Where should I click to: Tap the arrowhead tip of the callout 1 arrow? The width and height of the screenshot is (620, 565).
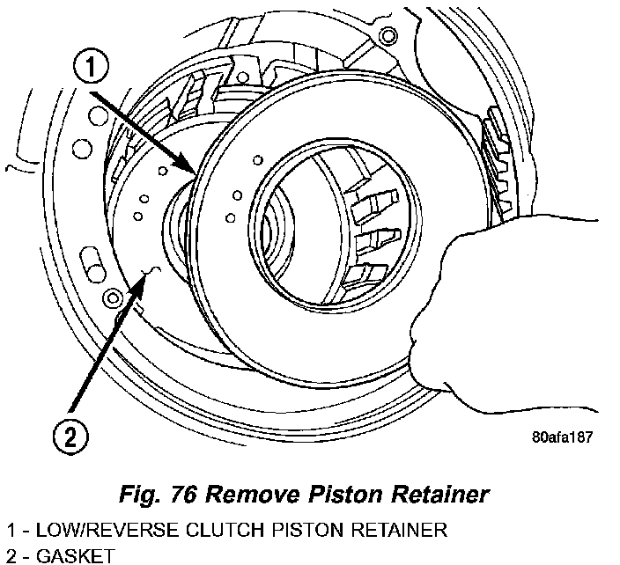(x=196, y=171)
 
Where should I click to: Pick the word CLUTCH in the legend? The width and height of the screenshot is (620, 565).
(x=195, y=530)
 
